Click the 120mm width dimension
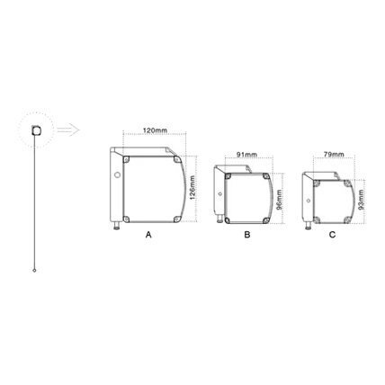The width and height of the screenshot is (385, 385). click(155, 130)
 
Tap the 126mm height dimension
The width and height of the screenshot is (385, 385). click(192, 188)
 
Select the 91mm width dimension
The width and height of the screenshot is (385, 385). click(246, 155)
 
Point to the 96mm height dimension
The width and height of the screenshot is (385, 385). click(279, 200)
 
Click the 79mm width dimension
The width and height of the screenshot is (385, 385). click(335, 155)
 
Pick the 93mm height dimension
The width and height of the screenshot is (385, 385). click(361, 200)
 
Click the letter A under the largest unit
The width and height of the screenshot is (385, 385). click(148, 235)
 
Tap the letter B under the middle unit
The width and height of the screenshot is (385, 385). click(247, 235)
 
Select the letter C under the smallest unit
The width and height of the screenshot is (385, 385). click(332, 235)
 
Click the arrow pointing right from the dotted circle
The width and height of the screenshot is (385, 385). click(68, 130)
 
